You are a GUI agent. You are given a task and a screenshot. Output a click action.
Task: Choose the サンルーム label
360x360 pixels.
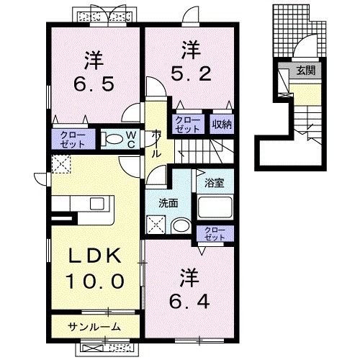(94, 328)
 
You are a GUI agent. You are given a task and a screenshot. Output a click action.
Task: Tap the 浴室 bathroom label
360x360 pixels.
(214, 183)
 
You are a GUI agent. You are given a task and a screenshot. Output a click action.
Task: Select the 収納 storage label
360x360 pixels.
(222, 124)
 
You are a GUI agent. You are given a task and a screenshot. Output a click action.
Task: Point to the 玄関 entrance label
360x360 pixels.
(306, 71)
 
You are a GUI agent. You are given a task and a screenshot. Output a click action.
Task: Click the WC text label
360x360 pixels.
(132, 138)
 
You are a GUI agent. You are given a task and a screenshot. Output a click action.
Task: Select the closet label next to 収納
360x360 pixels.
(188, 124)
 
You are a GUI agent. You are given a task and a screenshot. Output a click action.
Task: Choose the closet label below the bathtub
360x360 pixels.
(215, 234)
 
